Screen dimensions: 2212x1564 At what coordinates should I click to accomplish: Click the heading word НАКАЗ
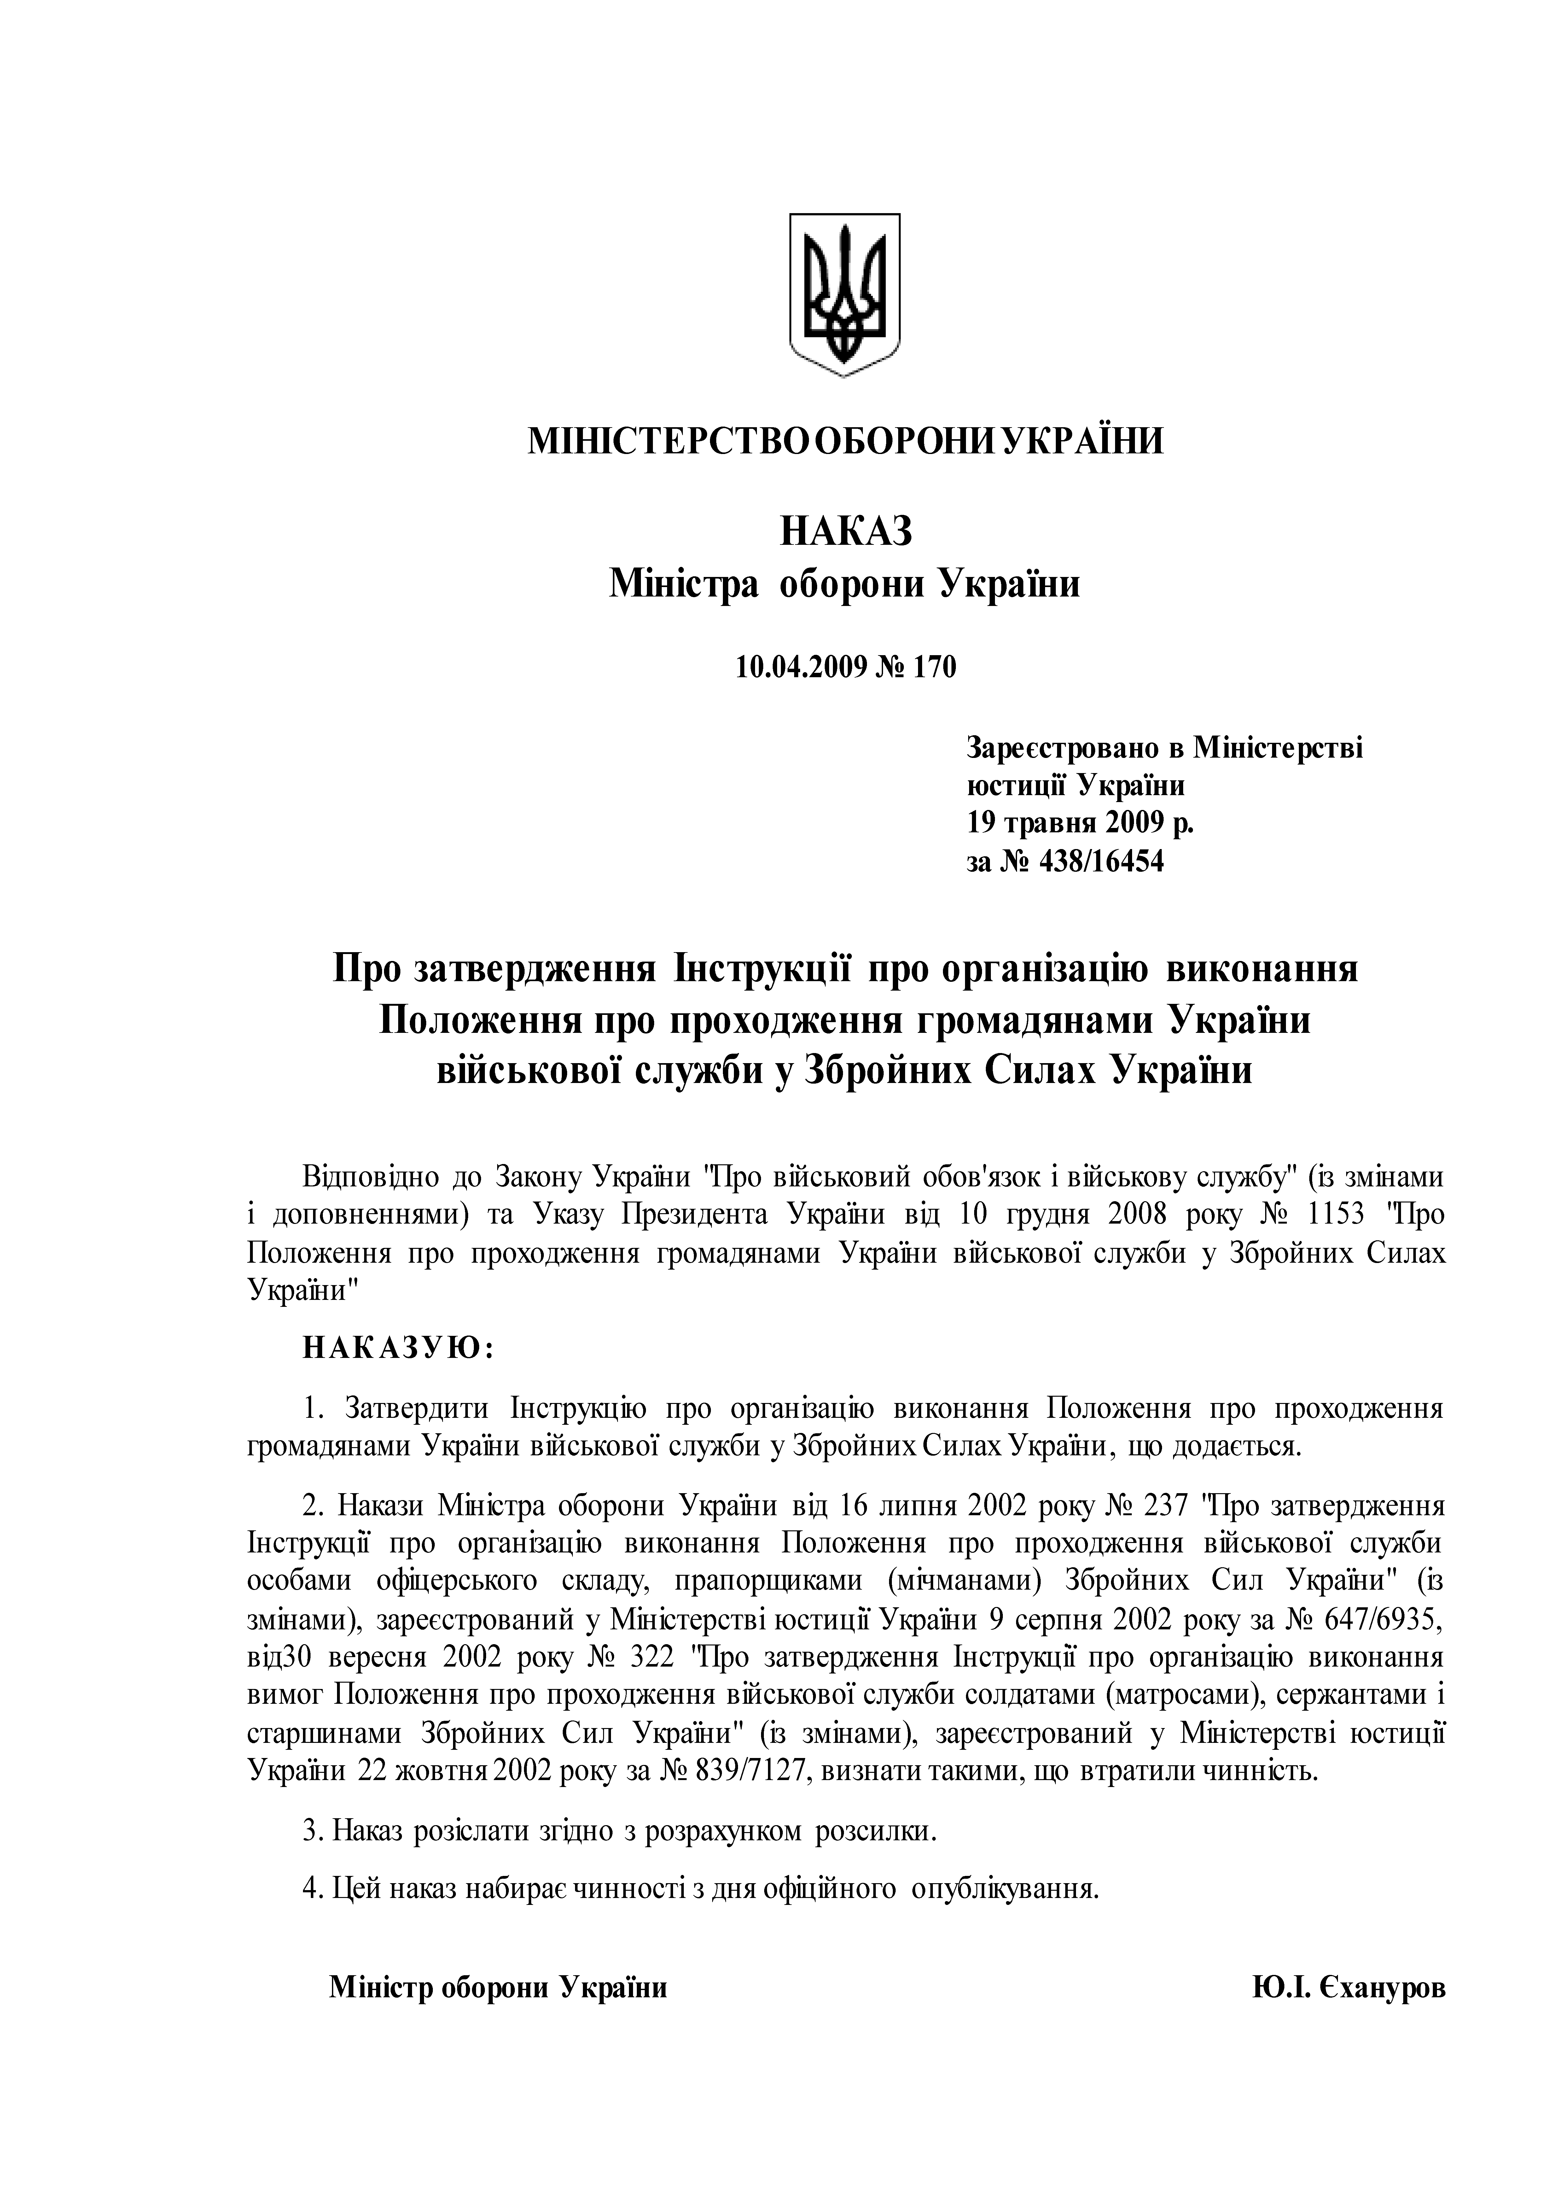click(x=845, y=531)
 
